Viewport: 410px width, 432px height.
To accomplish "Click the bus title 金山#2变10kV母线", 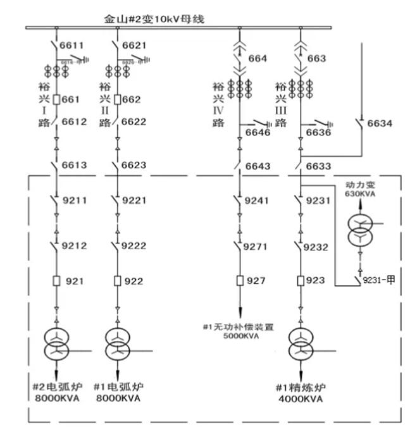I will (154, 19).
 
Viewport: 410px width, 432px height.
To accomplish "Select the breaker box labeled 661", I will (56, 99).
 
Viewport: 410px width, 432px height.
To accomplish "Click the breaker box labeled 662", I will (117, 99).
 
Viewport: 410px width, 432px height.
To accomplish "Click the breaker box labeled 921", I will (56, 280).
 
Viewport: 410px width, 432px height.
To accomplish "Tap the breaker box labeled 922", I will (117, 280).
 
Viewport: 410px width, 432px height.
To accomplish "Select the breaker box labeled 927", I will (239, 280).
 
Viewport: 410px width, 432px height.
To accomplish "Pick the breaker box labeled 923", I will (299, 280).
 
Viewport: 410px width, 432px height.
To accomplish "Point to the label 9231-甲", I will (378, 281).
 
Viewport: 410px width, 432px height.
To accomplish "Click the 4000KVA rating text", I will (299, 400).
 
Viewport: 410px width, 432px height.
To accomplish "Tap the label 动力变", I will (359, 183).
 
